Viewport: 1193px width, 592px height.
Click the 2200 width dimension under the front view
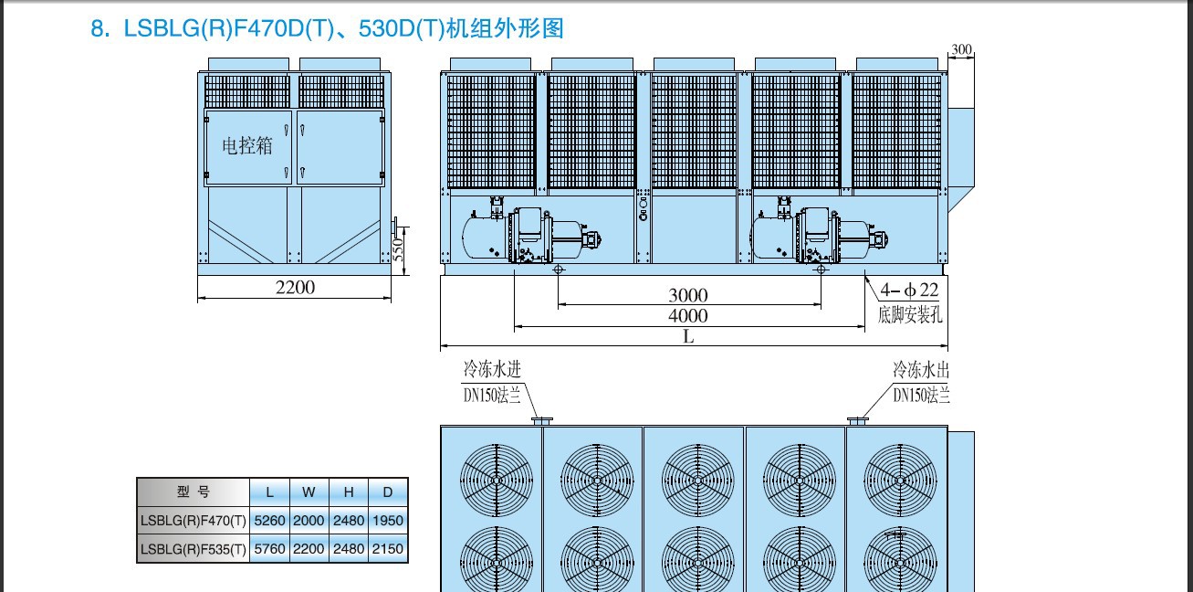(295, 287)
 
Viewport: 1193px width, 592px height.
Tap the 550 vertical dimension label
(398, 249)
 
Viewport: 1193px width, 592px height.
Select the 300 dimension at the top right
(961, 49)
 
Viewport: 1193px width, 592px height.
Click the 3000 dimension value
(688, 295)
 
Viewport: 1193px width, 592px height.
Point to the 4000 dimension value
(688, 315)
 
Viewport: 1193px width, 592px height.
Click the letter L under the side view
(688, 336)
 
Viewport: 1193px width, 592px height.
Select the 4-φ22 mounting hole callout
(910, 290)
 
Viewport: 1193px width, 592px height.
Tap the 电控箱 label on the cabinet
(247, 145)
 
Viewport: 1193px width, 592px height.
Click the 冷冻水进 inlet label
(492, 368)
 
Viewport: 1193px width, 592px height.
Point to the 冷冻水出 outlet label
(921, 369)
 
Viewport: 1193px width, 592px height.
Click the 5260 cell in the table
(269, 520)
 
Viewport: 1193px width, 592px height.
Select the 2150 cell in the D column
(388, 548)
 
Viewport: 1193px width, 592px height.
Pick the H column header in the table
(349, 492)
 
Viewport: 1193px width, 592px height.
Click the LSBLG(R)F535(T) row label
(194, 549)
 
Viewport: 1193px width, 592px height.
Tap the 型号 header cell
(194, 492)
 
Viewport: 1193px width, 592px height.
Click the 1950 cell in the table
(388, 520)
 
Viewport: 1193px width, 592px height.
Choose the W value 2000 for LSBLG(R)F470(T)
(309, 520)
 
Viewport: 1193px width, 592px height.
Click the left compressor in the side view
(531, 233)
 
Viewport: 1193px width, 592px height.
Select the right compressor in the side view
(818, 233)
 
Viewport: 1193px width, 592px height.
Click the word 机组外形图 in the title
(505, 27)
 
